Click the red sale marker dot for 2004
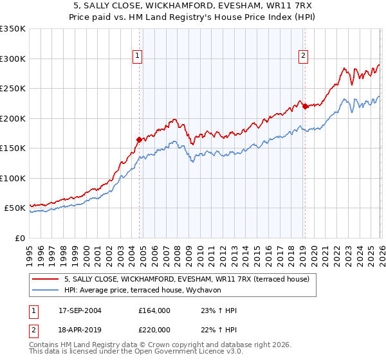pos(139,139)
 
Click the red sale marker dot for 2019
pos(305,107)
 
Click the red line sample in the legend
pos(45,279)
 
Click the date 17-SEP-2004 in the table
pos(80,310)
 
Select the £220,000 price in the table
pos(154,329)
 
